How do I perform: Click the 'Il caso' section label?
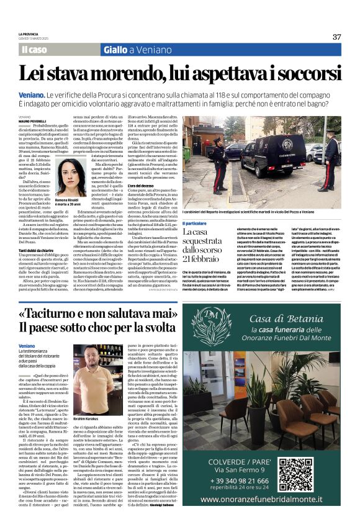coord(35,50)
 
